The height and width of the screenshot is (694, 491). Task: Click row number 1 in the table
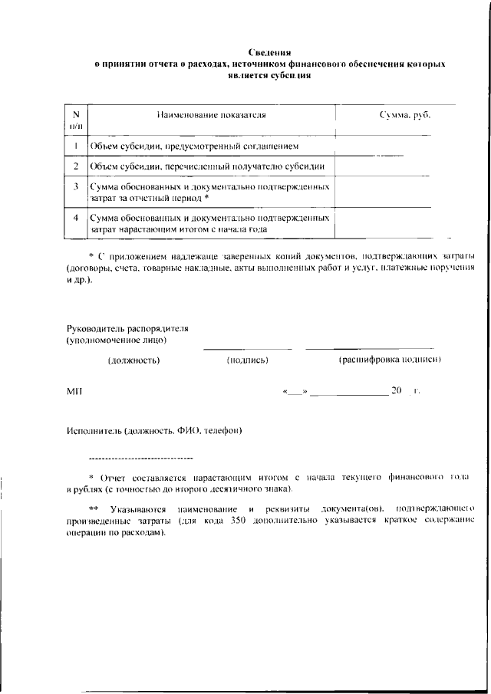tap(77, 145)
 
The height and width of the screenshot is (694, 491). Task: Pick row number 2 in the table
tap(77, 166)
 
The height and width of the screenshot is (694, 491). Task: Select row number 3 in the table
tap(77, 186)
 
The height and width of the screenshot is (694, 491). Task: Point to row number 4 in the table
tap(77, 218)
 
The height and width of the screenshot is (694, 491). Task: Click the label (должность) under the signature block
tap(133, 359)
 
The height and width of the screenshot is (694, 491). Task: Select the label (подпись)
tap(247, 359)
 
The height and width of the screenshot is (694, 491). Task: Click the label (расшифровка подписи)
tap(390, 359)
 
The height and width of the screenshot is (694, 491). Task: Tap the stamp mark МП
tap(74, 391)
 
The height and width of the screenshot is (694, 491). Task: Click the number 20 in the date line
tap(397, 391)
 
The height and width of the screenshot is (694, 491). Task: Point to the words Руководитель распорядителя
tap(127, 328)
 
